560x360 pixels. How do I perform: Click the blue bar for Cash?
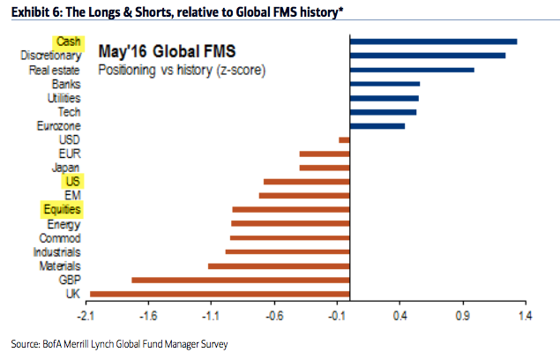coord(433,41)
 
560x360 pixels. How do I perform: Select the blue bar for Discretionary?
coord(428,56)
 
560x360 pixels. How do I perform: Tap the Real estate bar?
coord(412,70)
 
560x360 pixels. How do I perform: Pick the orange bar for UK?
coord(220,293)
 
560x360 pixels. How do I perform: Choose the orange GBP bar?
coord(241,280)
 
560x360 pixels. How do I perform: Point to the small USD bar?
coord(344,139)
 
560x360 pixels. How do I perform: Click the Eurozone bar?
coord(377,126)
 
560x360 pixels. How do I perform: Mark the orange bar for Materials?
coord(279,266)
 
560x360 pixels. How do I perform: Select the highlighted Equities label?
coord(61,210)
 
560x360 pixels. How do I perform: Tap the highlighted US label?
coord(73,182)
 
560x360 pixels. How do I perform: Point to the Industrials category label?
coord(59,251)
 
